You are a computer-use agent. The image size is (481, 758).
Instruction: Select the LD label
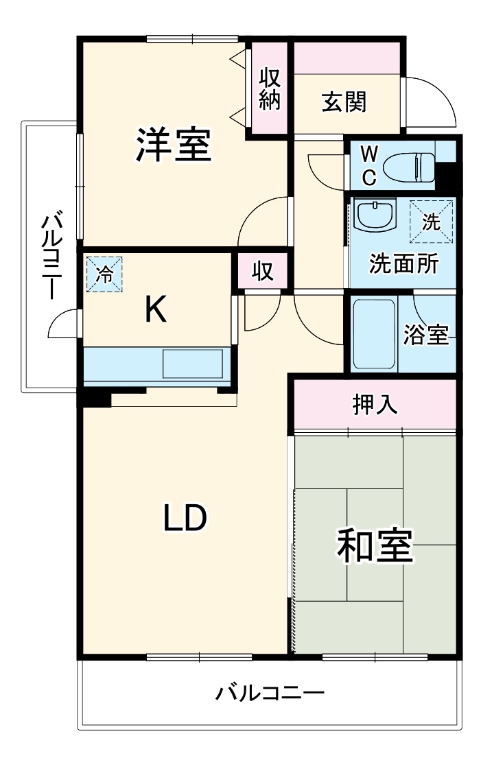[x=184, y=519]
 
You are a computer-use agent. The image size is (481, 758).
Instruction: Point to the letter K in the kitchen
[x=156, y=311]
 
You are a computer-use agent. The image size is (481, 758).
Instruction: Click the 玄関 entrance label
[x=344, y=102]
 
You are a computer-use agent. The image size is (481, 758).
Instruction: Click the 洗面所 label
[x=403, y=263]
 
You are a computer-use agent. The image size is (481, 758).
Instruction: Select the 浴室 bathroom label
[x=427, y=335]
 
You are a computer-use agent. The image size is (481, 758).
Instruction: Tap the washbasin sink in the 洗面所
[x=375, y=217]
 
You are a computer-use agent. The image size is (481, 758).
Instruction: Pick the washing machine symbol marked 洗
[x=432, y=222]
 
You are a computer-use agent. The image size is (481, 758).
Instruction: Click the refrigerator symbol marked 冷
[x=104, y=274]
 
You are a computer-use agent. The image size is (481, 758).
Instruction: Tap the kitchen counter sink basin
[x=193, y=363]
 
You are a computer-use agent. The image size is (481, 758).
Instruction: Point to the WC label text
[x=368, y=165]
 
